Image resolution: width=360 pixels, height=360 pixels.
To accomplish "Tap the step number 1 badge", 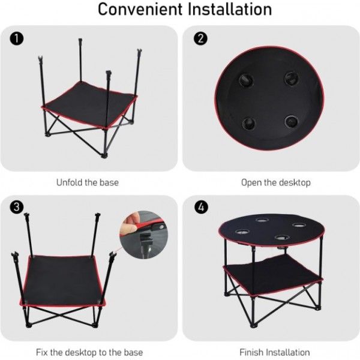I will point(17,39).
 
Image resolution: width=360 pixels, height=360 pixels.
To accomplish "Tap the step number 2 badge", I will point(201,39).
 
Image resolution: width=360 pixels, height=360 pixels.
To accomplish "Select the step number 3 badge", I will point(17,208).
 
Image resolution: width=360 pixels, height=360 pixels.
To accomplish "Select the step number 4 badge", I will point(201,208).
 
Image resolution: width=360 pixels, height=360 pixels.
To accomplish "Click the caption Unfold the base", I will point(88,182).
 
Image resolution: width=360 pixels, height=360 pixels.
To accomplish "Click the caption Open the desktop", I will point(275,182).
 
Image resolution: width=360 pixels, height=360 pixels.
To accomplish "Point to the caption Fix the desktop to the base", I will point(89,352).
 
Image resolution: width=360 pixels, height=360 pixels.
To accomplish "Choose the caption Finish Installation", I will point(275,352).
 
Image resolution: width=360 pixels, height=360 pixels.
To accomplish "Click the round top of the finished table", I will point(270,231).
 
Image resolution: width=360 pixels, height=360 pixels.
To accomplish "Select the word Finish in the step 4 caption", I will point(253,352).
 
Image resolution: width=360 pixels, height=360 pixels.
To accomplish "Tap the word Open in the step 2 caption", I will point(252,182).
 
